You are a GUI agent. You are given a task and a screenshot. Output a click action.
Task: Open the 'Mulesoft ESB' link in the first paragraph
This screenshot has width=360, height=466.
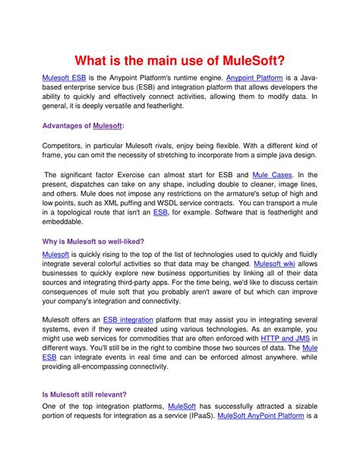click(65, 78)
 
